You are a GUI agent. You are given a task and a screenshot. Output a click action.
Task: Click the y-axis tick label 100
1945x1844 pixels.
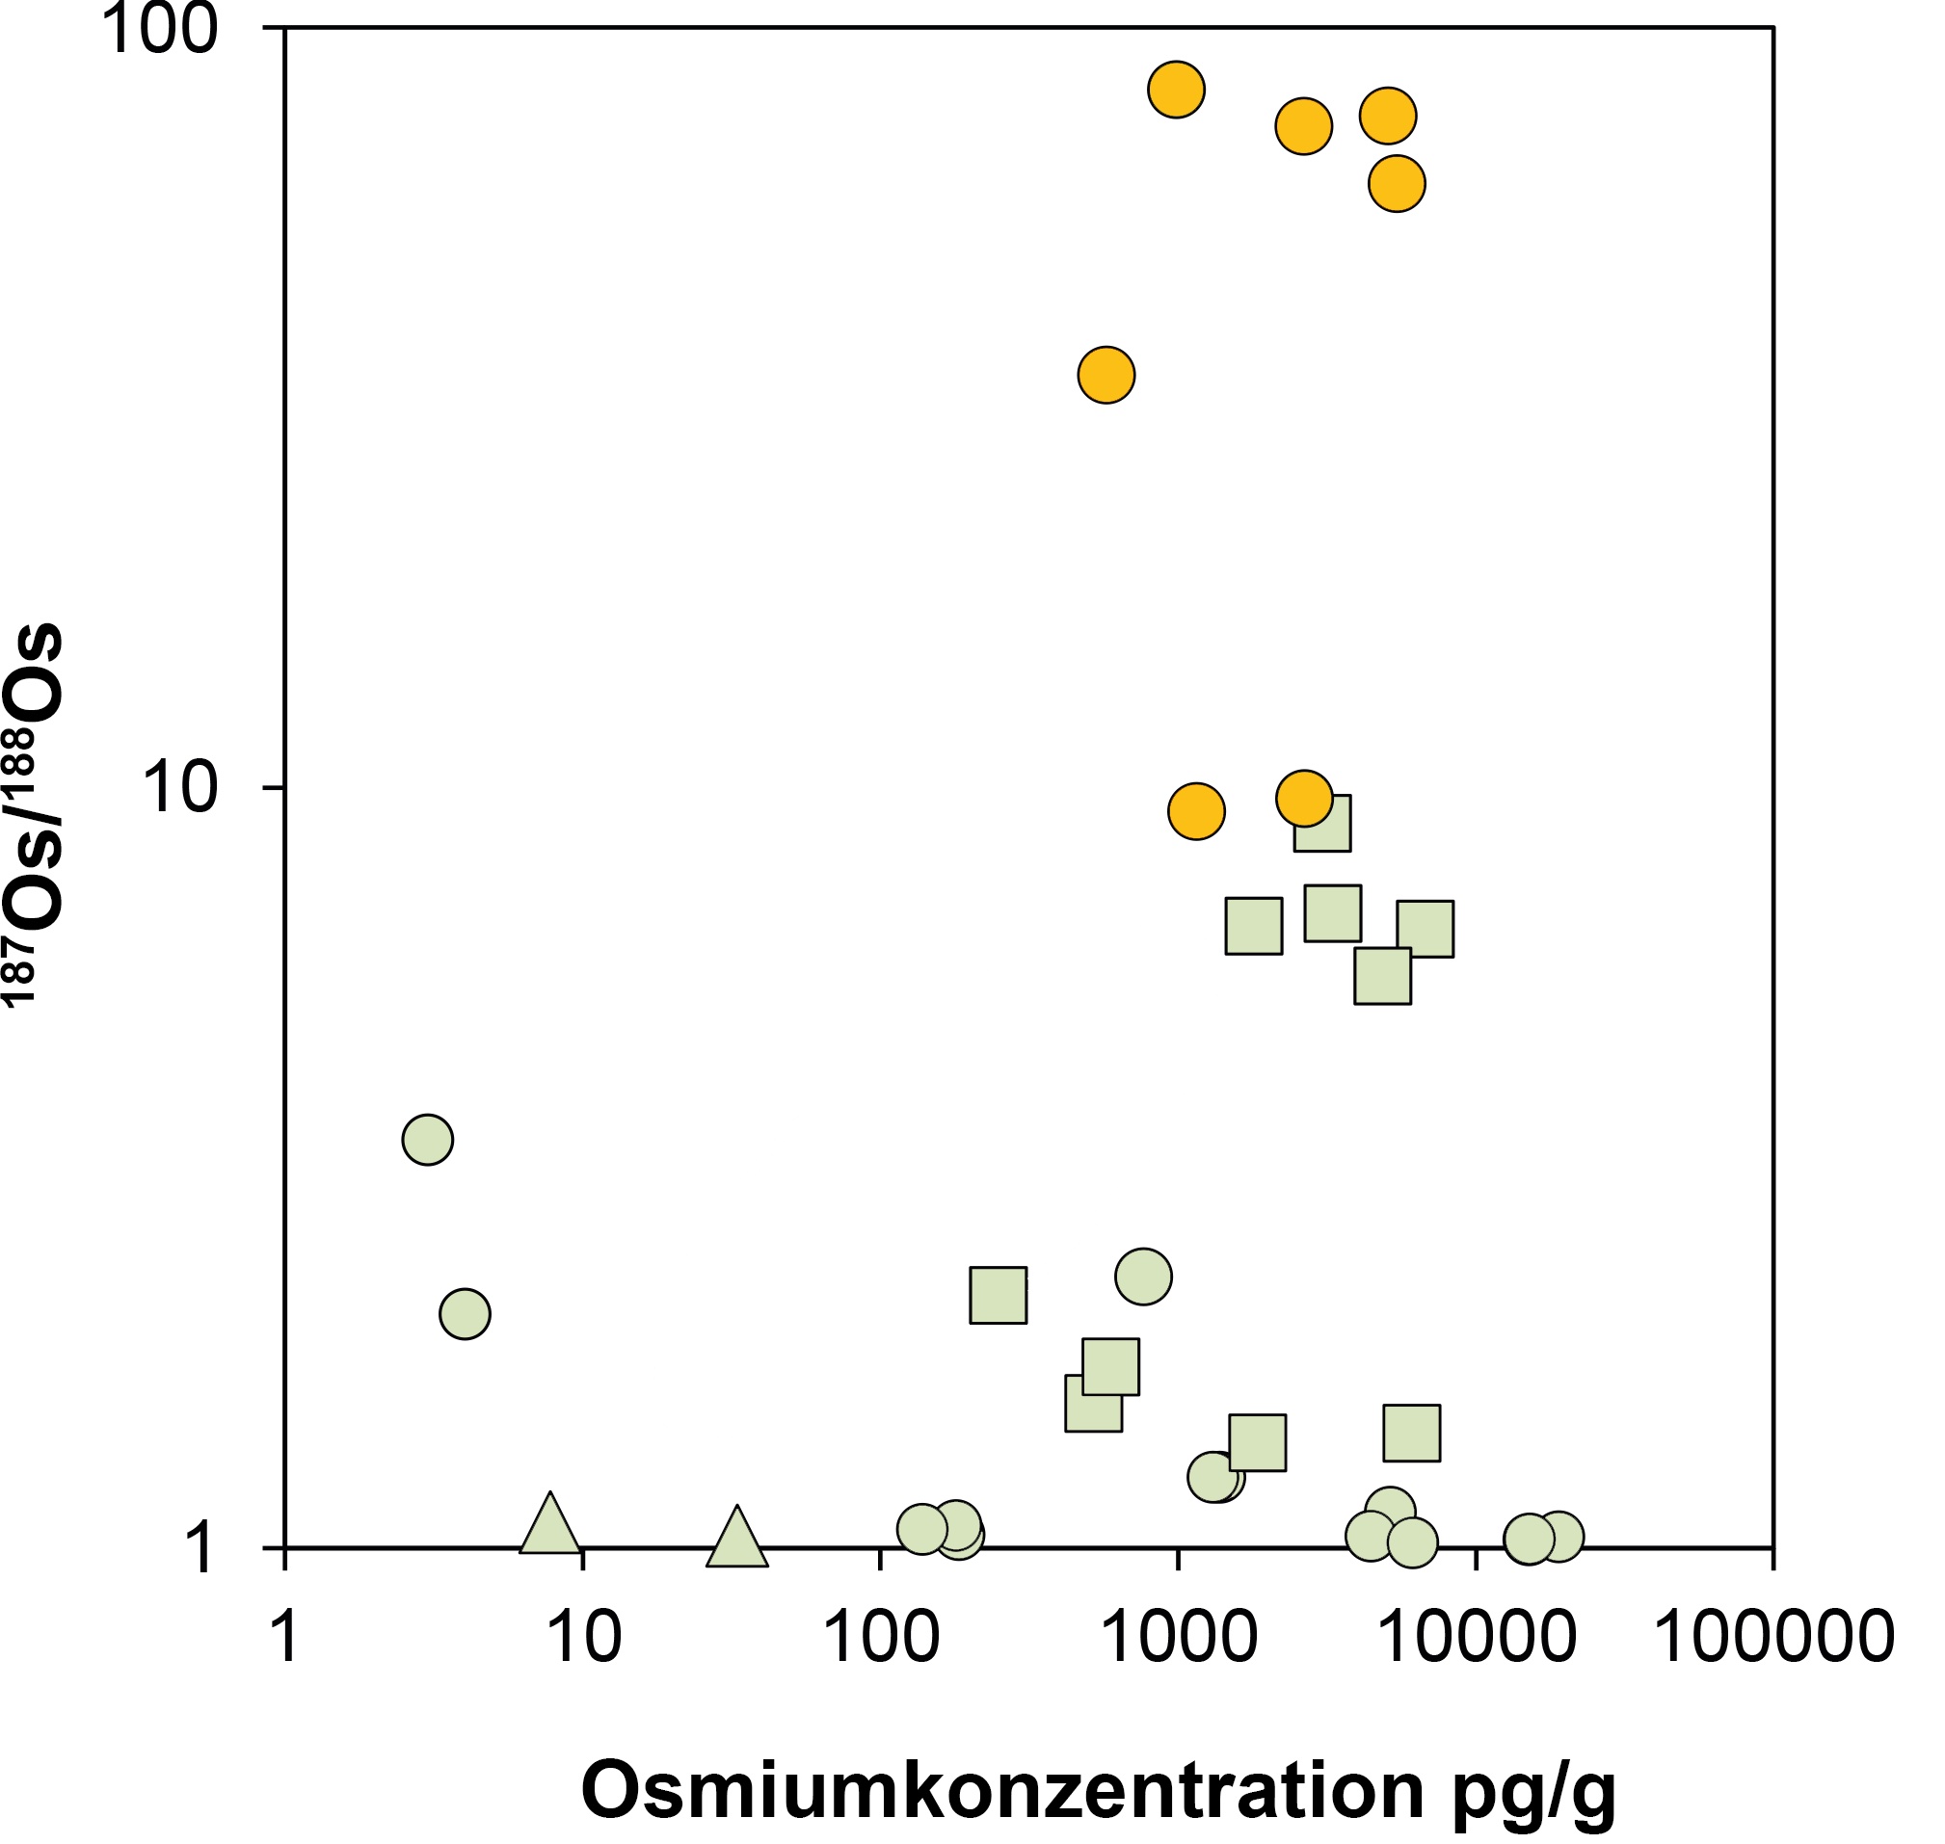pyautogui.click(x=157, y=30)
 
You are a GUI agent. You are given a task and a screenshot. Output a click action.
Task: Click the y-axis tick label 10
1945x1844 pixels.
pyautogui.click(x=179, y=789)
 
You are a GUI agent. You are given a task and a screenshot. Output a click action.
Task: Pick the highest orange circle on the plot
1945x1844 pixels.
pyautogui.click(x=1176, y=90)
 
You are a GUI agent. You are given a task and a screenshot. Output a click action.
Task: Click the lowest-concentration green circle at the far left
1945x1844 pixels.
pyautogui.click(x=428, y=1139)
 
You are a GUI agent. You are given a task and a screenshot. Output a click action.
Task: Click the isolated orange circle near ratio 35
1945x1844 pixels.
pyautogui.click(x=1106, y=375)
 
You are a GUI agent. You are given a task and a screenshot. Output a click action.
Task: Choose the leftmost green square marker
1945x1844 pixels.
pyautogui.click(x=999, y=1295)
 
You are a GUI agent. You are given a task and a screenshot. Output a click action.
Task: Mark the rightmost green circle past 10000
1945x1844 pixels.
pyautogui.click(x=1559, y=1537)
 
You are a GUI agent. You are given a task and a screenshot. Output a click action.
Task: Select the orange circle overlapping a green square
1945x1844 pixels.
pyautogui.click(x=1304, y=799)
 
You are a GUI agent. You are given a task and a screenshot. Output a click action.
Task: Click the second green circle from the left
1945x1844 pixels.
pyautogui.click(x=466, y=1313)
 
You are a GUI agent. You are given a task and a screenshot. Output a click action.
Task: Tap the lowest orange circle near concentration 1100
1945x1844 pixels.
pyautogui.click(x=1196, y=811)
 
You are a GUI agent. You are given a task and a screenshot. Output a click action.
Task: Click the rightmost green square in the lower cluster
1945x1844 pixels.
pyautogui.click(x=1412, y=1433)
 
